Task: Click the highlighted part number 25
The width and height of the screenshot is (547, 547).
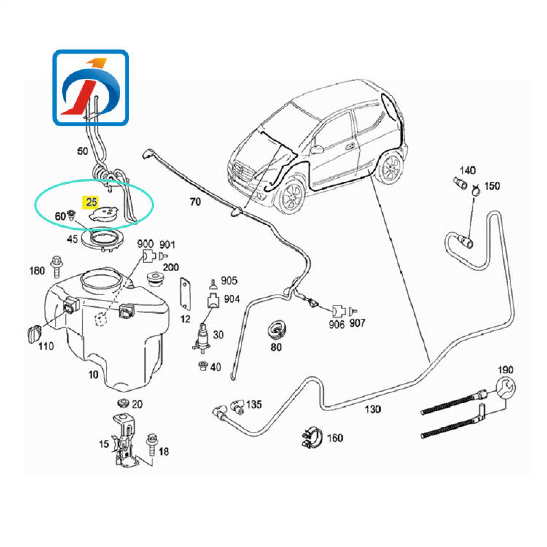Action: coord(91,202)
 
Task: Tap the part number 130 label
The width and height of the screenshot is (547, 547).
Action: coord(373,409)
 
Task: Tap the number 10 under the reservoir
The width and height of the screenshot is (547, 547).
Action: coord(94,375)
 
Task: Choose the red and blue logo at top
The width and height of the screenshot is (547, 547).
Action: coord(91,88)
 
